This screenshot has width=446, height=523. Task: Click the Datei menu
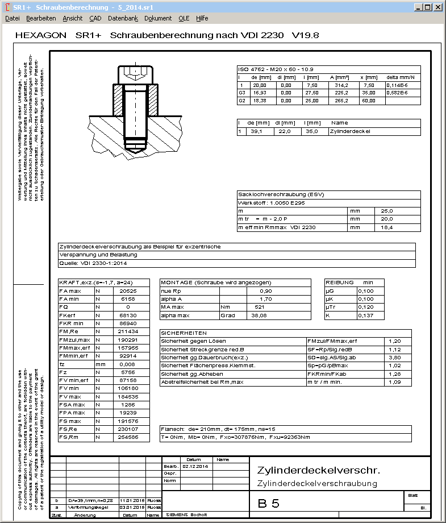[x=12, y=18]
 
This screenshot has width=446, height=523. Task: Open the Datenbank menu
[x=123, y=18]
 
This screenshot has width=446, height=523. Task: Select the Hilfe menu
[x=202, y=18]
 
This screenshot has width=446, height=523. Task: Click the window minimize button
[x=419, y=7]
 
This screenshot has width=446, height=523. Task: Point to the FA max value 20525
[x=129, y=291]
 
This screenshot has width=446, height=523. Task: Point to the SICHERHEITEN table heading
[x=184, y=333]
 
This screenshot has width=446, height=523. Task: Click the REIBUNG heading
[x=340, y=283]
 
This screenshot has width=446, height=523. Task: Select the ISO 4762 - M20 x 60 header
[x=276, y=69]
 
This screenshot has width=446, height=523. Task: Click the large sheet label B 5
[x=269, y=503]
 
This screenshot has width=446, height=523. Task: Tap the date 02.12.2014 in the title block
[x=197, y=466]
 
